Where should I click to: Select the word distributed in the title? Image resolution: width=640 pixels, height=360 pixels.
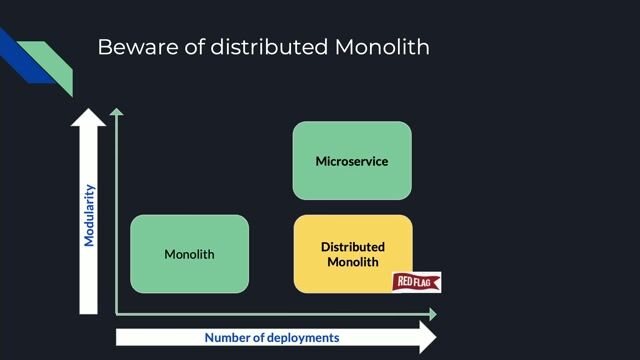tap(269, 47)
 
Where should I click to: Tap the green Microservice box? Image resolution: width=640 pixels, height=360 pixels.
tap(352, 160)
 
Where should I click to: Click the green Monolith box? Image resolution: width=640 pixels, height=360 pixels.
tap(189, 254)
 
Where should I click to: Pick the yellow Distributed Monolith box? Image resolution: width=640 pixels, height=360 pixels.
tap(352, 254)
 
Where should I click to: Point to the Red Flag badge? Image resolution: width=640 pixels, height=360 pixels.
tap(416, 282)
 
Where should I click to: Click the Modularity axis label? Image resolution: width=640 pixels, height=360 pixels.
tap(90, 215)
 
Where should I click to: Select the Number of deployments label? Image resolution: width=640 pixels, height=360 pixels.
tap(271, 338)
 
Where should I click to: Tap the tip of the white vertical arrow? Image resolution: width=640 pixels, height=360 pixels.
tap(90, 110)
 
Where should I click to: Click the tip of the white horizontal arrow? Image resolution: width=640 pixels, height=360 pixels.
tap(434, 338)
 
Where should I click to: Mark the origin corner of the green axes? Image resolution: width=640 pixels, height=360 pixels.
tap(118, 314)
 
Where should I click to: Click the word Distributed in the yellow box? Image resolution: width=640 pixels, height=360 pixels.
tap(352, 247)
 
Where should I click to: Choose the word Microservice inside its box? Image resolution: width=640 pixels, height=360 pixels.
tap(352, 161)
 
